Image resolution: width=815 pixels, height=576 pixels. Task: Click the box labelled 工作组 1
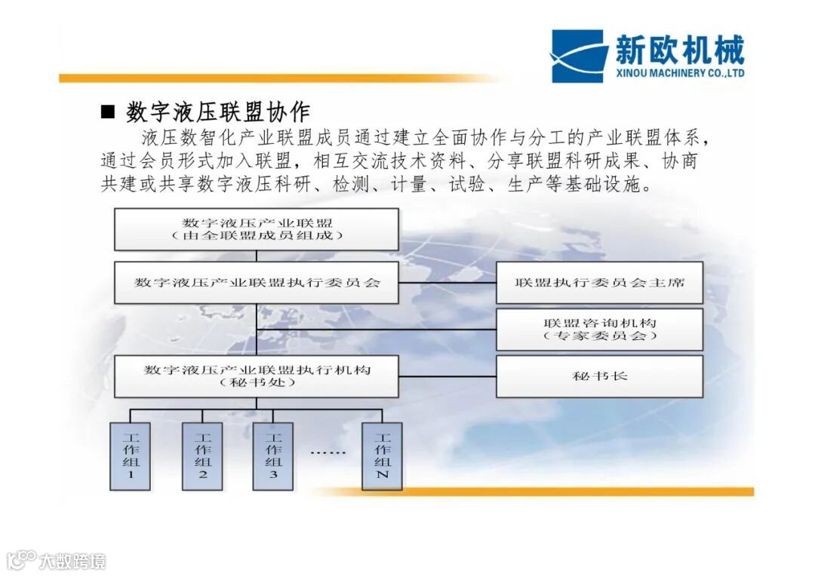click(x=130, y=455)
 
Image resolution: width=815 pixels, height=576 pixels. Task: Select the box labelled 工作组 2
click(x=202, y=455)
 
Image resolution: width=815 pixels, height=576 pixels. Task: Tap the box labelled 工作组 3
click(x=273, y=455)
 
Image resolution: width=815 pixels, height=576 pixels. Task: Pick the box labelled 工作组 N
click(x=382, y=455)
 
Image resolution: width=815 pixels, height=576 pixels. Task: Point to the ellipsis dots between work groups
click(x=328, y=453)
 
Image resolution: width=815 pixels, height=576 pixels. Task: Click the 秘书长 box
click(x=599, y=376)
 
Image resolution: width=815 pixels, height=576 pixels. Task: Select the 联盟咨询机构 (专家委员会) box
click(x=599, y=329)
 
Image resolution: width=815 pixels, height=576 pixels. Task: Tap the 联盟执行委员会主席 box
click(x=599, y=283)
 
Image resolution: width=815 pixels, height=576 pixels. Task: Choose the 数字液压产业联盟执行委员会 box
click(x=257, y=283)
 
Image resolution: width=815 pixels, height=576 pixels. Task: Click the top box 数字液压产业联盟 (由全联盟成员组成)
click(x=257, y=229)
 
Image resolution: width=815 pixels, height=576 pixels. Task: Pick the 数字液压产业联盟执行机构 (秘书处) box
click(x=257, y=376)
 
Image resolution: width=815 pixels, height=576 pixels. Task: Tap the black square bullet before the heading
click(x=108, y=113)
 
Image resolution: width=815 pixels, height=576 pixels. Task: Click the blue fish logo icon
click(x=578, y=56)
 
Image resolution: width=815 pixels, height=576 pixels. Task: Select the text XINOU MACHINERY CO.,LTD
click(x=680, y=73)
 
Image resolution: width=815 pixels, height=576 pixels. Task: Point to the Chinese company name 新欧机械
click(x=679, y=50)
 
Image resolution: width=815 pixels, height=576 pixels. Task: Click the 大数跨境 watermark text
click(x=72, y=561)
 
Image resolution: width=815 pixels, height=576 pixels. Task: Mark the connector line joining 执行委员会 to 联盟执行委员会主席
click(x=447, y=283)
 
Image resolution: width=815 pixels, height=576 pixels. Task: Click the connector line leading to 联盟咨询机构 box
click(x=377, y=329)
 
